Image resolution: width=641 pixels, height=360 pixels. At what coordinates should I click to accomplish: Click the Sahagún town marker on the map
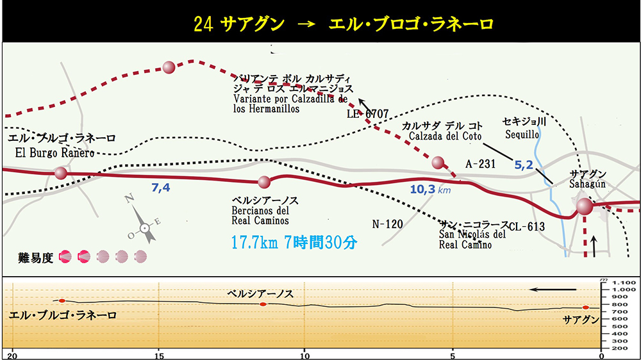coord(584,206)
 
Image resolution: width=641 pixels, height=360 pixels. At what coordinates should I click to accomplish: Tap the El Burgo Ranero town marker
coord(61,172)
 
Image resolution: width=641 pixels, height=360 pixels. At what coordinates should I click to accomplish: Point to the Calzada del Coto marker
coord(438,162)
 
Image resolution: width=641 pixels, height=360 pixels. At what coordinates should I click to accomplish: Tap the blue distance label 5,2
coord(524,165)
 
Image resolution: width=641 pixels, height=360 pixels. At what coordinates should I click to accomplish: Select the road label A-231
coord(481,164)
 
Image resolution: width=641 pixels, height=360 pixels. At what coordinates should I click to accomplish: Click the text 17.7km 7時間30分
coord(294,243)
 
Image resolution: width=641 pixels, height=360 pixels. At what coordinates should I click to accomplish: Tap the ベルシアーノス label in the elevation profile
coord(260,294)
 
